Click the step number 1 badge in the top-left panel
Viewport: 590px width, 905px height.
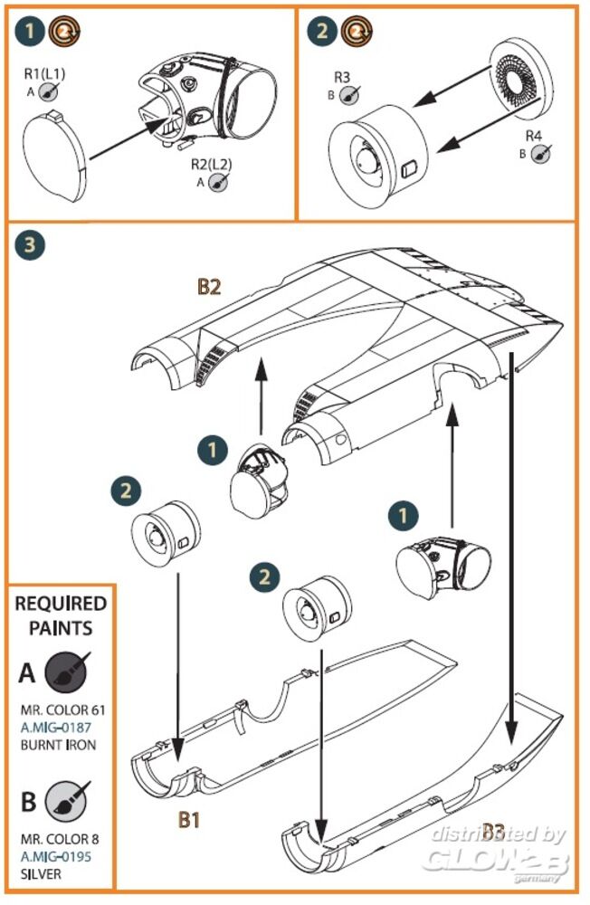point(33,34)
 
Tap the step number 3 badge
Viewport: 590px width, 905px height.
point(33,245)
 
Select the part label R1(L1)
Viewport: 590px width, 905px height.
point(43,73)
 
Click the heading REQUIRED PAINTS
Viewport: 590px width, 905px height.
point(61,615)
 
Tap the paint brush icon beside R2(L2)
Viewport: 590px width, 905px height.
point(217,181)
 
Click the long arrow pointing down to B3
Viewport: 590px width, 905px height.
point(515,543)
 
